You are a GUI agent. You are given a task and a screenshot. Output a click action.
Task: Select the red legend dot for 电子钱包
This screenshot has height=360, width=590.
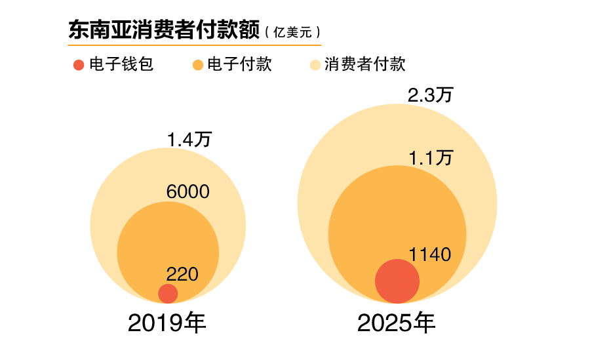79,65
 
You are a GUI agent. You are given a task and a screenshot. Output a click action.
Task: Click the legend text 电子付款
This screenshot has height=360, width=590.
239,64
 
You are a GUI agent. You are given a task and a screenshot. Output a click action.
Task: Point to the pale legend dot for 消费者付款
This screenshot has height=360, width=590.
315,65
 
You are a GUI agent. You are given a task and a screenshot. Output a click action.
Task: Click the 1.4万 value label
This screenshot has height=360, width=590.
189,140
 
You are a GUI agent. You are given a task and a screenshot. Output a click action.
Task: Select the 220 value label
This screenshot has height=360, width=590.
182,275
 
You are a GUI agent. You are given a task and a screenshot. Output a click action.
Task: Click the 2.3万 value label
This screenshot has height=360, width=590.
431,95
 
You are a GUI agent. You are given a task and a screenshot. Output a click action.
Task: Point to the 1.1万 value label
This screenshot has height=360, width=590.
431,158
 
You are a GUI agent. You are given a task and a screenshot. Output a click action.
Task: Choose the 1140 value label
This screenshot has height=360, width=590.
430,254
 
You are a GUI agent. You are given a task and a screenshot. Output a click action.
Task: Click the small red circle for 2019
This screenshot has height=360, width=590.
168,294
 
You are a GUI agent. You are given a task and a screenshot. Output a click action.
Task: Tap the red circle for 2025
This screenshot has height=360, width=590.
397,281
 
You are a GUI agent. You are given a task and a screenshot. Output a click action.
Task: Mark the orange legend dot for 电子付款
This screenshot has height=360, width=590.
197,65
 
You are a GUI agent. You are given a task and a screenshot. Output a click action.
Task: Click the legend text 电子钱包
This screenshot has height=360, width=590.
121,64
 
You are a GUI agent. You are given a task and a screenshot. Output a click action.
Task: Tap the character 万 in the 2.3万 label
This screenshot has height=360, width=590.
444,95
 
